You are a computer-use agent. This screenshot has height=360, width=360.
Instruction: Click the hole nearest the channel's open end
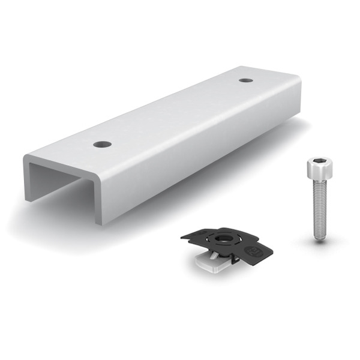pyautogui.click(x=103, y=144)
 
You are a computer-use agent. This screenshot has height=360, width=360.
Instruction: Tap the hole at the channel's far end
pyautogui.click(x=245, y=80)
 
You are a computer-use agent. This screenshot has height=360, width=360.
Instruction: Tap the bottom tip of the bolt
pyautogui.click(x=319, y=238)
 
